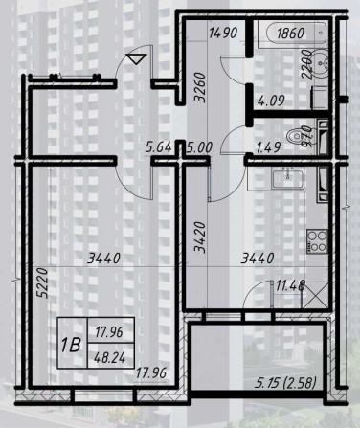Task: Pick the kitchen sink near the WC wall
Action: (x=284, y=179)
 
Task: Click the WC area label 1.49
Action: (x=269, y=148)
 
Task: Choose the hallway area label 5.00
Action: (x=199, y=148)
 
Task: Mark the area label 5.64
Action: (x=157, y=148)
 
